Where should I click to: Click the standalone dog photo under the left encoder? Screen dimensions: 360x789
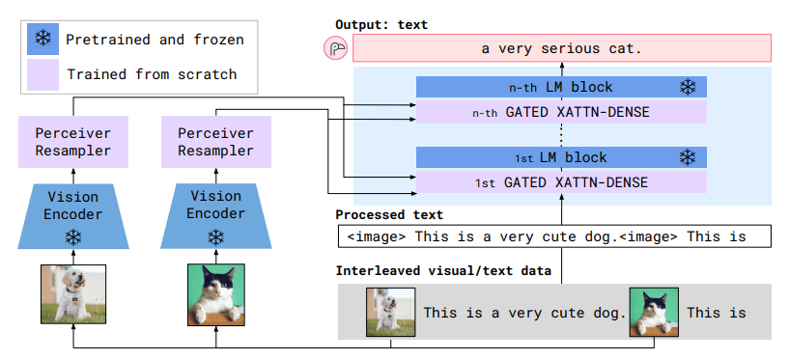pos(72,294)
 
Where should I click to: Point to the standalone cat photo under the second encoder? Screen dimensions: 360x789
pos(216,294)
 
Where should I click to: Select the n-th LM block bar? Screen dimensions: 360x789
pos(561,87)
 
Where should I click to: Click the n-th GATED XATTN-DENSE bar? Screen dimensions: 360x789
pos(561,112)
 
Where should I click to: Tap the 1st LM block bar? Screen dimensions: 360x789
pos(561,157)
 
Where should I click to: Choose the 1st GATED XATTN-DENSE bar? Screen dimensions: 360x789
pos(561,182)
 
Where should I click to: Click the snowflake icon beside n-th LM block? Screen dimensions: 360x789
pos(688,87)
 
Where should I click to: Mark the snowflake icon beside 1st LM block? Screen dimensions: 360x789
pos(688,157)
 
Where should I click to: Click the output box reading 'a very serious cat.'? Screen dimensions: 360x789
pos(562,47)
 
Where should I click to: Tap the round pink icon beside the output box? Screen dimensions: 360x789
pos(335,48)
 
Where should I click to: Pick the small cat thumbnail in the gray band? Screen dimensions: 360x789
pos(653,312)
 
